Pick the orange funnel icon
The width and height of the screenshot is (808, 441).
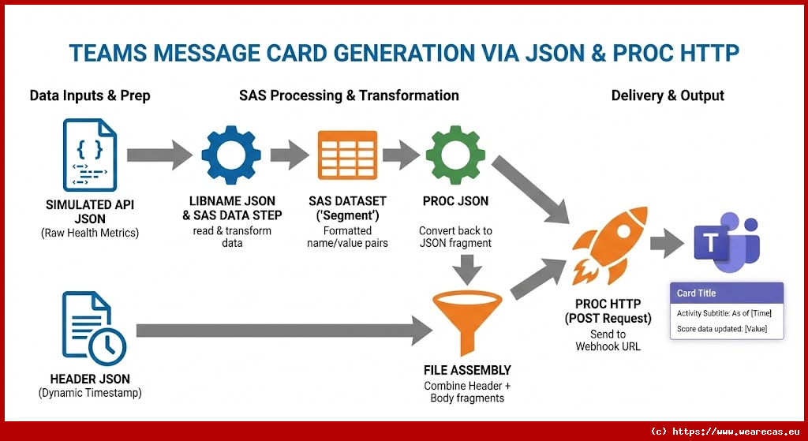point(466,316)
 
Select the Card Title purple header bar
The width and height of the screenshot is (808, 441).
point(727,293)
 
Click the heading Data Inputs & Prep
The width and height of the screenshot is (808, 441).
point(90,95)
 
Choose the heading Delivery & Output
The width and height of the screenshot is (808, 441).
point(668,95)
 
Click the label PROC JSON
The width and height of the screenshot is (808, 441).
point(455,201)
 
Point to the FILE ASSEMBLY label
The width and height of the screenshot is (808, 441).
point(467,370)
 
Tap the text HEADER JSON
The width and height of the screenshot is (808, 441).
point(90,379)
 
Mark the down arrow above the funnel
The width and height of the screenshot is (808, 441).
point(467,270)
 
